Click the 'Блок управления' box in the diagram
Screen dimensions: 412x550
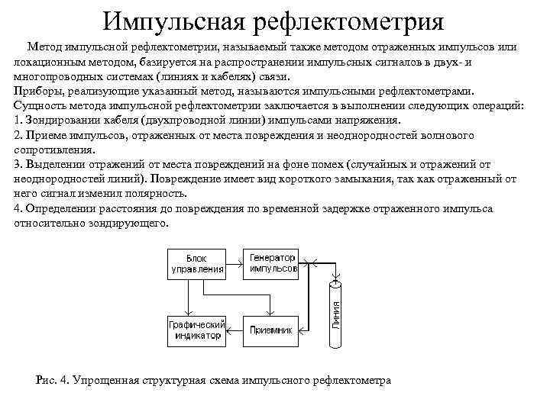coord(196,262)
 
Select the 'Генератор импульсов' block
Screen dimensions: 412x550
coord(272,262)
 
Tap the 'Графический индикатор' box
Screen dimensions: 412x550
coord(196,330)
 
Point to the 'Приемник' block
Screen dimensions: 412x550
coord(272,330)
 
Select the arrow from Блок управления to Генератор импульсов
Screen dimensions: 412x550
coord(235,262)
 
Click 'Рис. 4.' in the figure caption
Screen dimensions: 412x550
coord(53,380)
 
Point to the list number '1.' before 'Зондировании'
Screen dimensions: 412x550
coord(18,120)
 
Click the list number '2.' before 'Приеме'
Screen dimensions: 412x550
coord(18,135)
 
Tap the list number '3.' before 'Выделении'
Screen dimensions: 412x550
coord(18,164)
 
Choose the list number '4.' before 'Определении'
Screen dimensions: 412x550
coord(18,208)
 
